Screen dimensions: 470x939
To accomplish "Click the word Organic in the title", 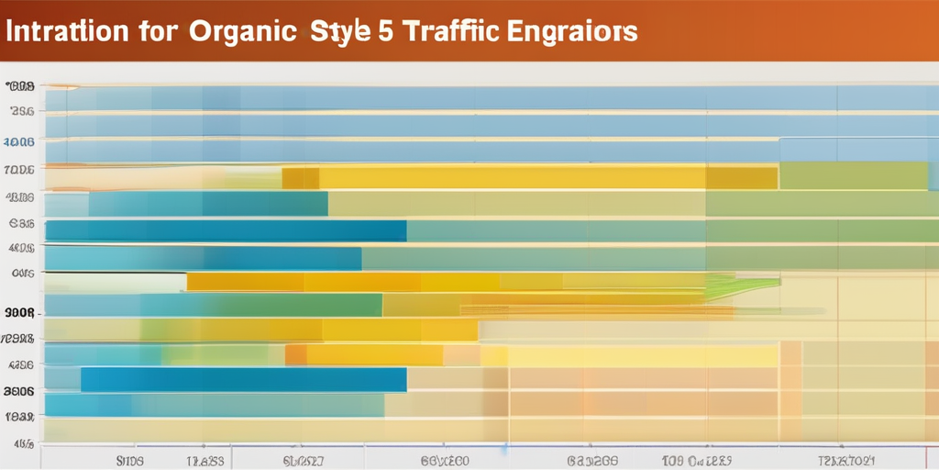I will (x=243, y=30).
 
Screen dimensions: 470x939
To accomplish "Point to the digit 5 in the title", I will (x=386, y=30).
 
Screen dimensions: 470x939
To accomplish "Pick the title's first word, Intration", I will (x=65, y=30).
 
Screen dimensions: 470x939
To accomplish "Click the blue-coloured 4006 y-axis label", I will (x=19, y=142).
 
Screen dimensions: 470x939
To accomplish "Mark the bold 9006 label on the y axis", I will (x=19, y=312).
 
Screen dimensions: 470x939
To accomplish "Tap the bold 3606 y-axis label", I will (x=19, y=390).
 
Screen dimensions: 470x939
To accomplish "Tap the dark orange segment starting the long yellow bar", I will (x=300, y=178).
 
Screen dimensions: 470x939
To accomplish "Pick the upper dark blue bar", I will (x=226, y=231).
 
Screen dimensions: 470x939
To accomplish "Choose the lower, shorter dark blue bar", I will (x=243, y=379).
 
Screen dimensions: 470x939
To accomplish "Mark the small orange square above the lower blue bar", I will (x=296, y=355).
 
